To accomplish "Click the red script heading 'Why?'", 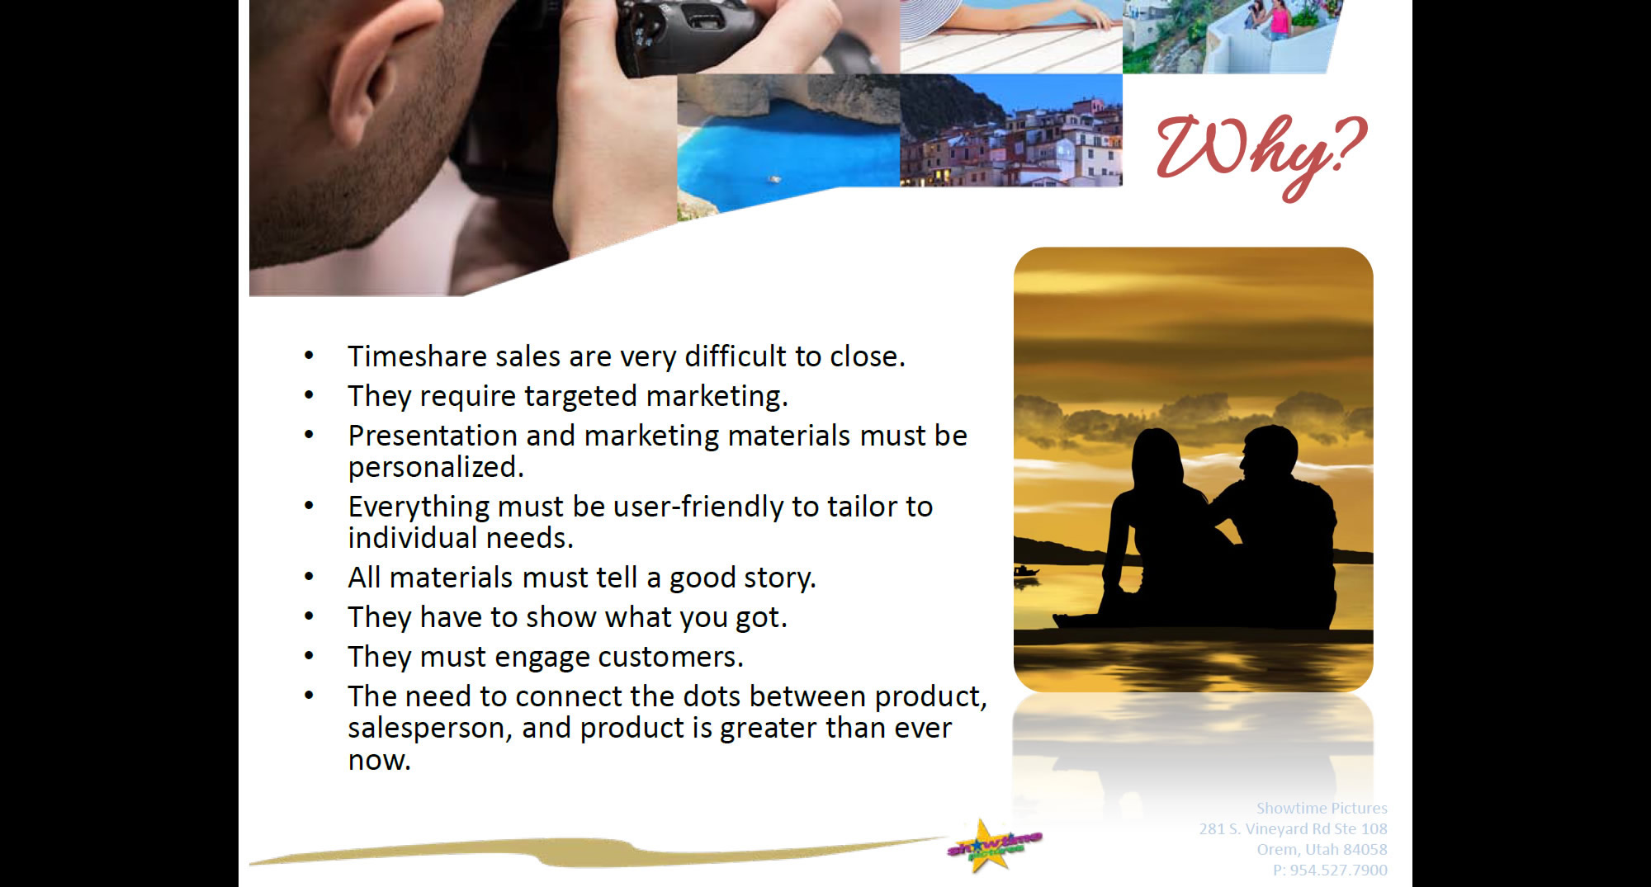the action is pos(1261,154).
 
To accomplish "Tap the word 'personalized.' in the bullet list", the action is pos(436,468).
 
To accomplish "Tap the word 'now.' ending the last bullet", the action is pos(379,760).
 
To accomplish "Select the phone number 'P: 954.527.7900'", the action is pos(1330,870).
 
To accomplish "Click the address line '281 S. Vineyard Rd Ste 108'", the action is pos(1293,828).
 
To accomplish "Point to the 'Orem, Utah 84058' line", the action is pos(1322,849).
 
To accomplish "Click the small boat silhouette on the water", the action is pos(1025,571).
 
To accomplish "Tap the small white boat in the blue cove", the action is pos(774,177).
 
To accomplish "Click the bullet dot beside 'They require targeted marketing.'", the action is pos(309,396).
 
